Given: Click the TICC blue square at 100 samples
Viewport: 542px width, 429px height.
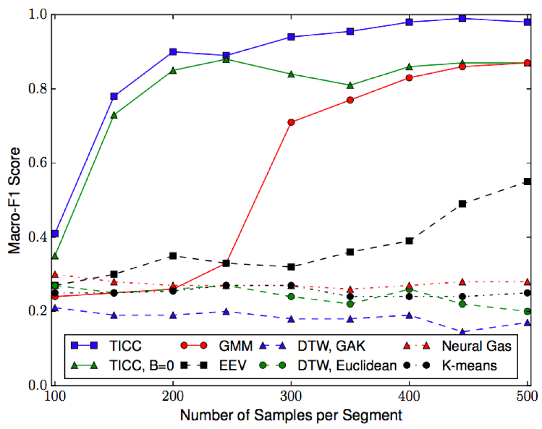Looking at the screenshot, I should point(54,233).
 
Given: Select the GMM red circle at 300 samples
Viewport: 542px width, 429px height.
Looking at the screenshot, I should point(291,122).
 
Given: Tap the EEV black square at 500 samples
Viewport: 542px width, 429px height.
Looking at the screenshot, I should point(527,182).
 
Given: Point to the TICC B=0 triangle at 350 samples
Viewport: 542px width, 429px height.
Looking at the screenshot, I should point(350,85).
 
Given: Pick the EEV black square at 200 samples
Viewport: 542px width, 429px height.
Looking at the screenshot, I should point(173,256).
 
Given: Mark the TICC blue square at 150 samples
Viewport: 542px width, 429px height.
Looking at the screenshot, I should point(114,96).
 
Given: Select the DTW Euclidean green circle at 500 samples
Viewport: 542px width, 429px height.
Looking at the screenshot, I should point(527,311).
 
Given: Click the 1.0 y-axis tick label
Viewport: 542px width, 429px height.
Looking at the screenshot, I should point(38,15).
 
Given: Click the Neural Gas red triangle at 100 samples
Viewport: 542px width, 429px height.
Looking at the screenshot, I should point(54,274).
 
